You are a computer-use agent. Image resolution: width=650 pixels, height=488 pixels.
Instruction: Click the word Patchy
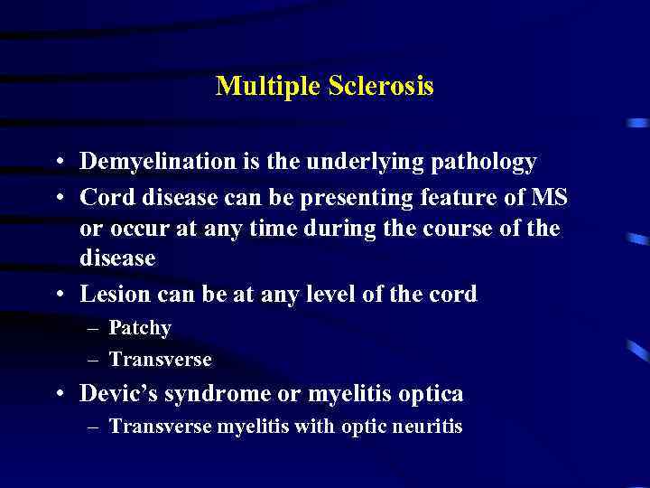(x=139, y=328)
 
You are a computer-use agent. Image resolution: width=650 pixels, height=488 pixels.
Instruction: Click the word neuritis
(x=427, y=427)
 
